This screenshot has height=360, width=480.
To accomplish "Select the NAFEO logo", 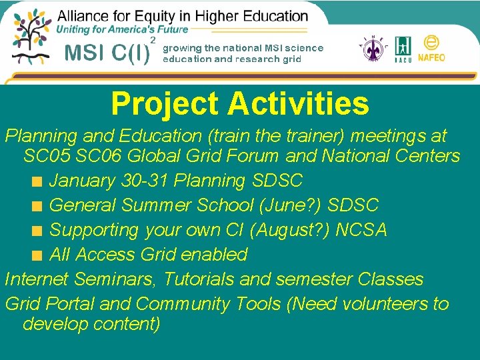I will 431,49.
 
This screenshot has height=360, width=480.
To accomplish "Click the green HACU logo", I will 403,49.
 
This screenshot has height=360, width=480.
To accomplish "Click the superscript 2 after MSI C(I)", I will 153,41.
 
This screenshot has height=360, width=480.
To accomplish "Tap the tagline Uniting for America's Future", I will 122,29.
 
